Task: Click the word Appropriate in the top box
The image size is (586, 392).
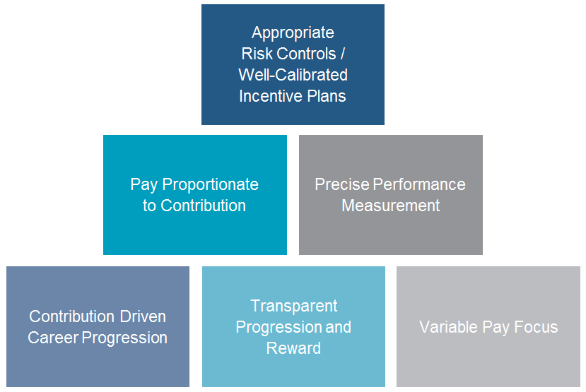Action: (x=293, y=33)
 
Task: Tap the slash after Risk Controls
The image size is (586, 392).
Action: (x=342, y=54)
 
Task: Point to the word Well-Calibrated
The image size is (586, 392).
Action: (x=293, y=75)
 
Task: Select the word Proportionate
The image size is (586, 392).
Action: (x=211, y=185)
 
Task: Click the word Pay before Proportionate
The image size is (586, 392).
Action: (x=144, y=185)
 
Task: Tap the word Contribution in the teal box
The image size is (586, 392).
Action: (x=204, y=206)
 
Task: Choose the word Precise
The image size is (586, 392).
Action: (x=342, y=184)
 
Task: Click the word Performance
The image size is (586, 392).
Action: (x=419, y=184)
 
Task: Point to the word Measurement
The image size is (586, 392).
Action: (x=391, y=206)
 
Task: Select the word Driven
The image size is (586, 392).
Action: (x=143, y=316)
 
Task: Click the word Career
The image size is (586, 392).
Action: (x=53, y=338)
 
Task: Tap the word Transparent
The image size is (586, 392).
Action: (x=294, y=307)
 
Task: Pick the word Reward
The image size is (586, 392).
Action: (x=293, y=348)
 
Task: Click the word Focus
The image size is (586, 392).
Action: (x=536, y=327)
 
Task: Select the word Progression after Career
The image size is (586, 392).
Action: (x=124, y=338)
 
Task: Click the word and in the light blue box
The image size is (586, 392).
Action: (x=338, y=328)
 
